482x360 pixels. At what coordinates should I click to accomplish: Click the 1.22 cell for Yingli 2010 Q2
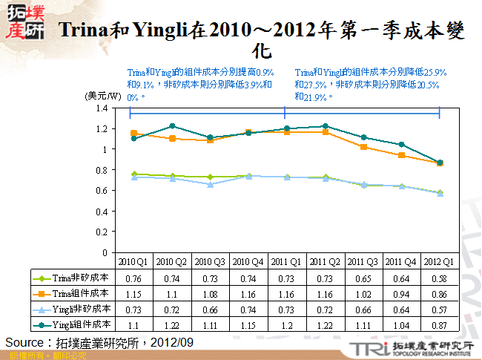click(172, 324)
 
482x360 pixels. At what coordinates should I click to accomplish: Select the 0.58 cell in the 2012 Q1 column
click(439, 278)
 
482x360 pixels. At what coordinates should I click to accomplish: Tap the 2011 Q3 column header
click(362, 262)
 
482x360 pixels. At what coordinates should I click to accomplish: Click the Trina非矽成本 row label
click(73, 278)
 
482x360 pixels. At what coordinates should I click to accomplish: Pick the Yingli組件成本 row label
click(73, 324)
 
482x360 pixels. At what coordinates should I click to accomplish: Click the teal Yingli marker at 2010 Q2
click(172, 126)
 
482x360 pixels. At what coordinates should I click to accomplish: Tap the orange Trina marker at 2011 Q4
click(401, 155)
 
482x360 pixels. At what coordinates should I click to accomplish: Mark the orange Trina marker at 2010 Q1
click(133, 134)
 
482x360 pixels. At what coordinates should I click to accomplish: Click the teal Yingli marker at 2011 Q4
click(401, 145)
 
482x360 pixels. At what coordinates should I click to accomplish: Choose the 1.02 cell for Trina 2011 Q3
click(362, 293)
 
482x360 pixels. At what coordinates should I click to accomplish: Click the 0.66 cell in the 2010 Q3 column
click(210, 309)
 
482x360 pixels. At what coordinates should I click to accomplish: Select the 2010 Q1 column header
click(133, 262)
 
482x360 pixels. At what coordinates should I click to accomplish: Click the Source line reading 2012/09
click(99, 342)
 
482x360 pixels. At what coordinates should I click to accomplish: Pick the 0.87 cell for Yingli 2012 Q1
click(439, 324)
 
